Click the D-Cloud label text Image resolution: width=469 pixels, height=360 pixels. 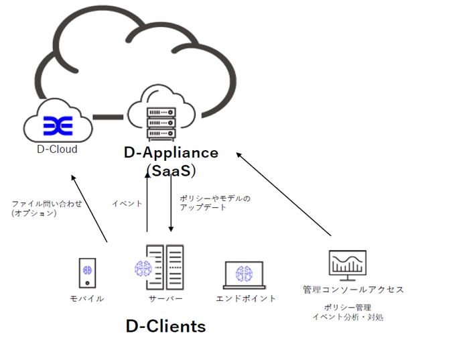[x=57, y=149]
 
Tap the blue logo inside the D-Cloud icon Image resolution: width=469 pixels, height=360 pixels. [x=57, y=125]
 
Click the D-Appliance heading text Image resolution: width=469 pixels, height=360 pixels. [x=172, y=153]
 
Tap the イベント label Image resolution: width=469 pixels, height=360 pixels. [x=125, y=202]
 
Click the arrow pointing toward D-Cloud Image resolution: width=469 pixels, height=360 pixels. [x=90, y=207]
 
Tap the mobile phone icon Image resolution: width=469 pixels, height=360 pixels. [x=86, y=272]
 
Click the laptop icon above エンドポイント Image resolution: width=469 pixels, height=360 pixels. [x=245, y=276]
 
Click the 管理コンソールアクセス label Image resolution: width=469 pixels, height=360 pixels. [x=353, y=290]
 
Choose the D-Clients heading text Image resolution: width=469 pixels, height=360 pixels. [x=165, y=326]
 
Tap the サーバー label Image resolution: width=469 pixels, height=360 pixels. [x=165, y=298]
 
